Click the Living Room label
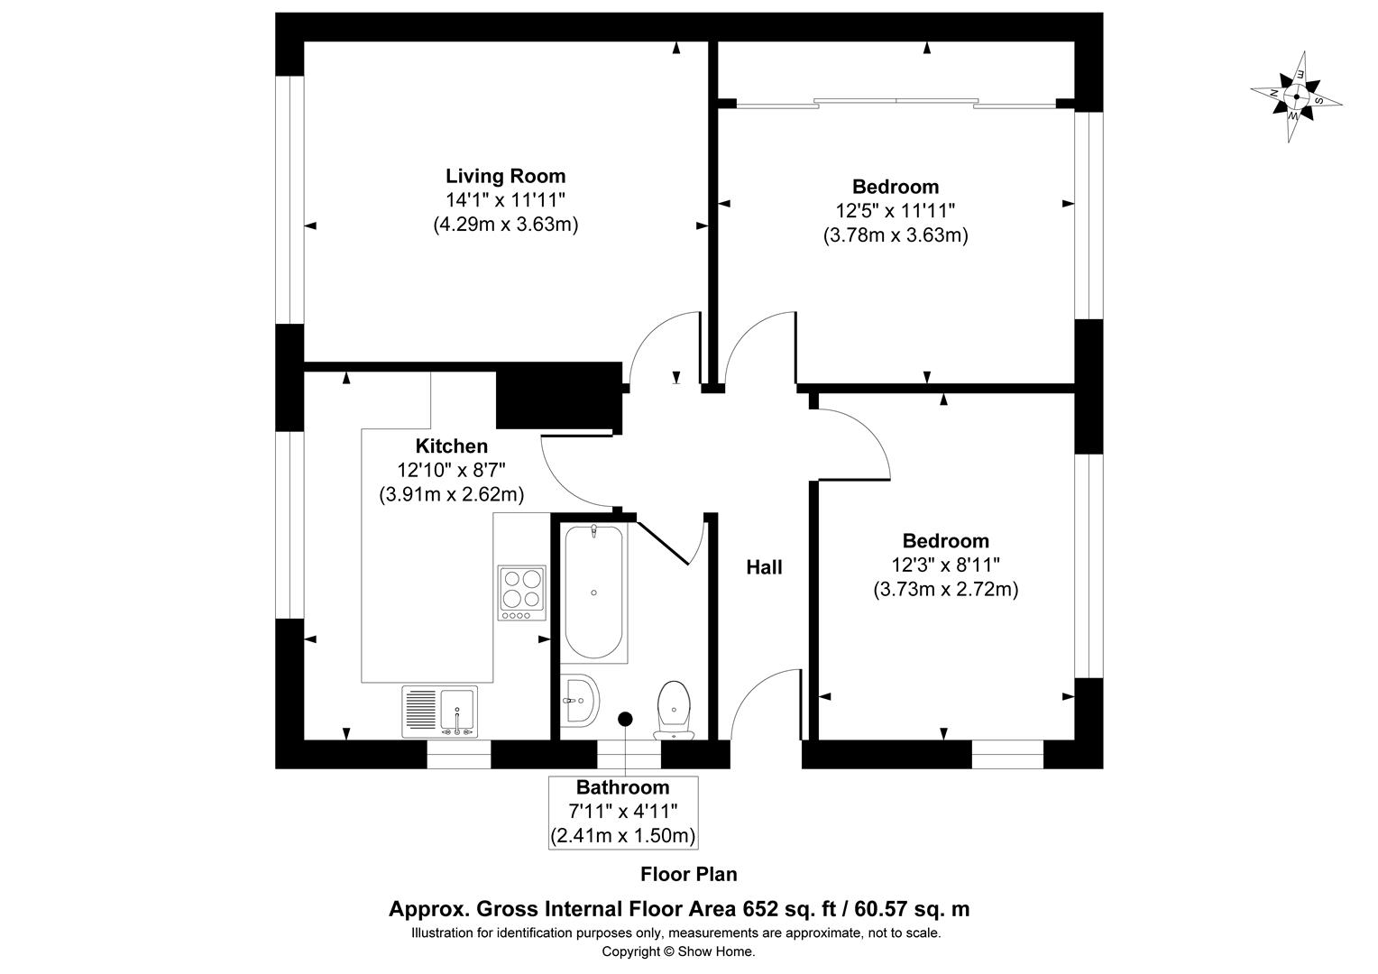[506, 176]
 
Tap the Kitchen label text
[452, 446]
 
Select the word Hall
[764, 567]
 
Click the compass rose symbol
[1296, 96]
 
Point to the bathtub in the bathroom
[593, 593]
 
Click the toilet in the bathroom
[675, 710]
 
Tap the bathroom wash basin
[580, 700]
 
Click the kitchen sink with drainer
[440, 712]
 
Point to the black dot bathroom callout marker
[625, 719]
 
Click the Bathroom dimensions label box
[623, 813]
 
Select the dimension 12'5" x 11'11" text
[896, 211]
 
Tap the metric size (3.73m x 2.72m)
[945, 590]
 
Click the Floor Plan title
[688, 874]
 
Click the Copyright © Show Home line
[678, 951]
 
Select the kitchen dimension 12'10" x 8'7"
[451, 470]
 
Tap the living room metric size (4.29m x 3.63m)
[506, 224]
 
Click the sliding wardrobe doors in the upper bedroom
[896, 103]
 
